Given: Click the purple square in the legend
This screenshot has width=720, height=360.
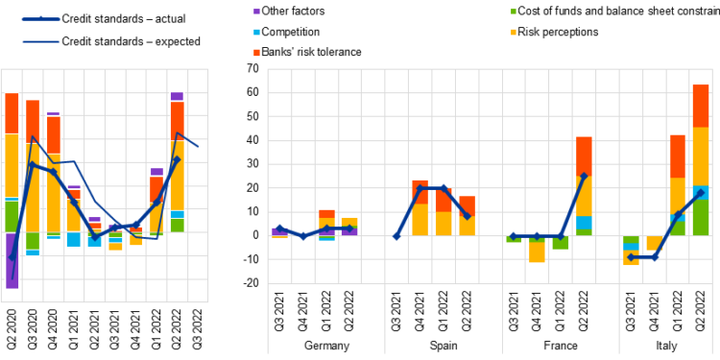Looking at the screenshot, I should pyautogui.click(x=256, y=12).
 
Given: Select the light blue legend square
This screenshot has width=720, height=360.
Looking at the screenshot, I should pyautogui.click(x=256, y=32).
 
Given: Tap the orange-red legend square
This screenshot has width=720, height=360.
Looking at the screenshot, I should pyautogui.click(x=256, y=53).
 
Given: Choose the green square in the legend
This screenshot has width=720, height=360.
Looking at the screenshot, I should pyautogui.click(x=514, y=12).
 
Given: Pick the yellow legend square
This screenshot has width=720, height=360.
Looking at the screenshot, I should pyautogui.click(x=514, y=32).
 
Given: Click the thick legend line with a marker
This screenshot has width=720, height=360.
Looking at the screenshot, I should pyautogui.click(x=40, y=18).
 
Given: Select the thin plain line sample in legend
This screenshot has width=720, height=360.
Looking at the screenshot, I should pyautogui.click(x=40, y=41).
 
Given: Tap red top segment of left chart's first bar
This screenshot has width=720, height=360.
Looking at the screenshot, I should pyautogui.click(x=12, y=113).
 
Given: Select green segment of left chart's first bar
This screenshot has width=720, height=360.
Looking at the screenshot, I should pyautogui.click(x=12, y=216).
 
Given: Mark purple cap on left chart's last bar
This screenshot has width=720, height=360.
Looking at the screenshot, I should pyautogui.click(x=177, y=96).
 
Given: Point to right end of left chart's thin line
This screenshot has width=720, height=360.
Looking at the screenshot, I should pyautogui.click(x=198, y=146).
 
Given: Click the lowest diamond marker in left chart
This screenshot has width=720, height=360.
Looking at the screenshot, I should pyautogui.click(x=12, y=257).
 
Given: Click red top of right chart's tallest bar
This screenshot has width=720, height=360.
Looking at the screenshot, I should pyautogui.click(x=701, y=106).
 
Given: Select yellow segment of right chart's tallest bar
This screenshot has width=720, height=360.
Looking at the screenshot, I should pyautogui.click(x=701, y=156).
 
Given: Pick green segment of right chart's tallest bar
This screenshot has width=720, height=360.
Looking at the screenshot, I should pyautogui.click(x=701, y=216).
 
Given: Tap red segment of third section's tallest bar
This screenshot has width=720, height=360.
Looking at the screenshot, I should pyautogui.click(x=584, y=156).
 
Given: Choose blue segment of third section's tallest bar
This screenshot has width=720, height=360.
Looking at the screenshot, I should pyautogui.click(x=584, y=223).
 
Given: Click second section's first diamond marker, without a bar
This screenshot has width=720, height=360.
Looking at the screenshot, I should pyautogui.click(x=396, y=236).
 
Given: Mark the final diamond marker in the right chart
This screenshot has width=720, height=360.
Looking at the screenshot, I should pyautogui.click(x=701, y=192).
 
